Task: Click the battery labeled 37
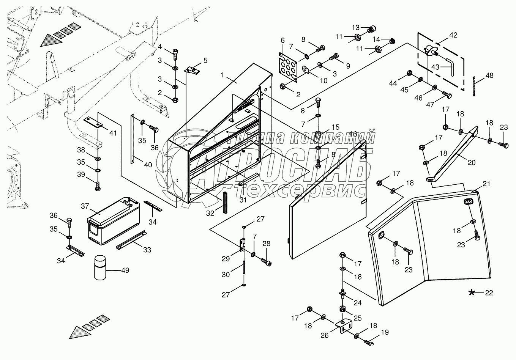114,220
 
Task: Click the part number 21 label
486,184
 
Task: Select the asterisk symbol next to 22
472,292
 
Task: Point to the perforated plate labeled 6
288,68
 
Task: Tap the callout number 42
453,35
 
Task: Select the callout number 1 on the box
222,75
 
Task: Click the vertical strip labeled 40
133,139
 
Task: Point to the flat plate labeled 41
93,123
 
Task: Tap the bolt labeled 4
175,54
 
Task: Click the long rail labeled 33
131,240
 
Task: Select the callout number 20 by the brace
472,162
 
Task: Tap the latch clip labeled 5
193,70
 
